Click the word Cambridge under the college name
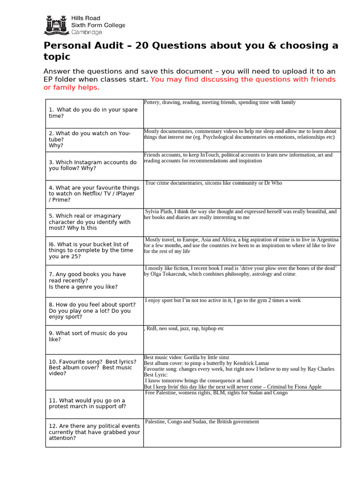[x=86, y=32]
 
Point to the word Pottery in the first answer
[x=152, y=102]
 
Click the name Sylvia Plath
[x=160, y=212]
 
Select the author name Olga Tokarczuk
[x=170, y=274]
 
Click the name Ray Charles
[x=321, y=369]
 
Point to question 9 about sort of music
[x=88, y=336]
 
